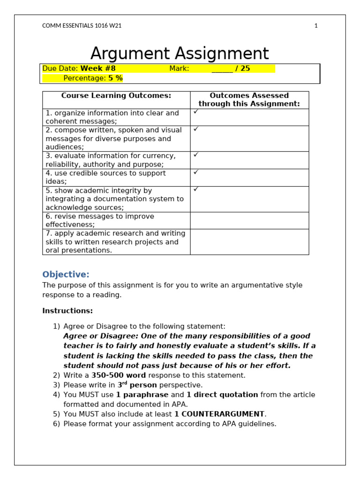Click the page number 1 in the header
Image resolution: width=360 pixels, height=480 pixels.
click(316, 26)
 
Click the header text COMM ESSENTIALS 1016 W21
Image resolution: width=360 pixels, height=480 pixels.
click(82, 26)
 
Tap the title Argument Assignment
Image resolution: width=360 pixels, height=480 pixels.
click(180, 53)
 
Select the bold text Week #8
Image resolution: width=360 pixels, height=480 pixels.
click(98, 68)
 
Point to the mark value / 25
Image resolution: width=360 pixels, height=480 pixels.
click(242, 68)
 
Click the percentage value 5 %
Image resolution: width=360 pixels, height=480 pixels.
click(115, 78)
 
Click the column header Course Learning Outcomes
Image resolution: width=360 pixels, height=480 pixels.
click(116, 96)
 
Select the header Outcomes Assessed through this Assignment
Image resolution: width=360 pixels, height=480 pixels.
click(249, 100)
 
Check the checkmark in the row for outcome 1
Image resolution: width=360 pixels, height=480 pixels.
click(196, 112)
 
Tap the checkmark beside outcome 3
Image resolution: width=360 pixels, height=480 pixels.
click(196, 154)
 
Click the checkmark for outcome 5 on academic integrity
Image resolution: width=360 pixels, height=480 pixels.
click(196, 189)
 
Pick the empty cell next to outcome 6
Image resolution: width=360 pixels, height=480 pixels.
click(249, 220)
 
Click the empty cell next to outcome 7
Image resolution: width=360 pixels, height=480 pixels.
click(249, 242)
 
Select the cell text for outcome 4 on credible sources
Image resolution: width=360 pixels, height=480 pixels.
click(105, 177)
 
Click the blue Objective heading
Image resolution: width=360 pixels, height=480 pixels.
click(66, 274)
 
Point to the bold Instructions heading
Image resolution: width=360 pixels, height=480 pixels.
click(67, 311)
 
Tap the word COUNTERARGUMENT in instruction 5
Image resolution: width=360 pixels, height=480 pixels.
click(223, 414)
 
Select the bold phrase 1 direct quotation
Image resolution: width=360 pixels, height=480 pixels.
click(222, 395)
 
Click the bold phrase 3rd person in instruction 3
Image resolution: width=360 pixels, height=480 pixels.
click(137, 385)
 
